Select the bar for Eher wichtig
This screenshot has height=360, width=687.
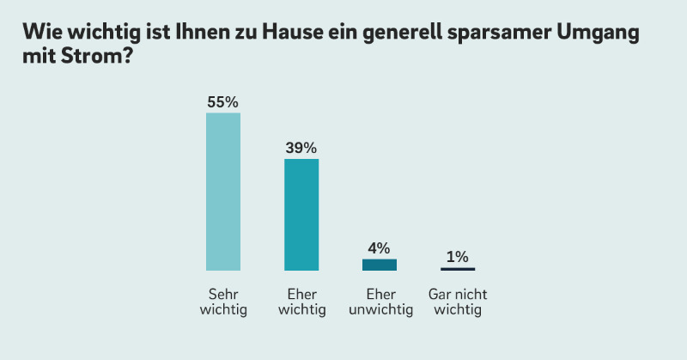(301, 215)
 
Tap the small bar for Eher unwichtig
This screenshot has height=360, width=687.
(380, 265)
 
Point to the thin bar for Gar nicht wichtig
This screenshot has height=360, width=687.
(458, 269)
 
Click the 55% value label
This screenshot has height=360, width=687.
(222, 101)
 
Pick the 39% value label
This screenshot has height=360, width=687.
(301, 148)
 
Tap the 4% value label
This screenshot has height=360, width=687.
(380, 248)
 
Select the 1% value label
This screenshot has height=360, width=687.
(458, 257)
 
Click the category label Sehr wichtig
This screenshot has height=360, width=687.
(223, 302)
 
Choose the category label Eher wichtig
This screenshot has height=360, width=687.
(301, 302)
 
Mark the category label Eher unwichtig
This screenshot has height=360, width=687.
(380, 302)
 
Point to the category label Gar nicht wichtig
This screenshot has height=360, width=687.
(458, 302)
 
